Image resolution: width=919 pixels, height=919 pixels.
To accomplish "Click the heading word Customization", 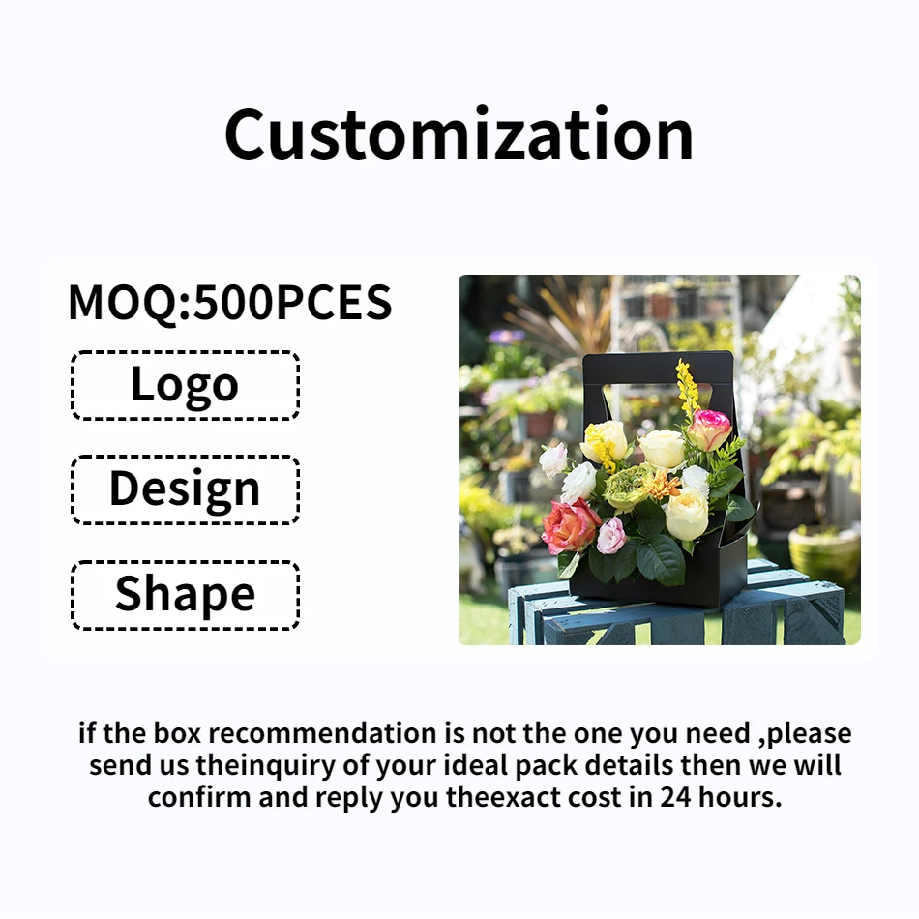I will [459, 134].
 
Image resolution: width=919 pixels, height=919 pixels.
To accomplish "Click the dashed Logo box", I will [185, 385].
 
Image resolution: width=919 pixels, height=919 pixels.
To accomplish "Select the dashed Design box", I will [185, 489].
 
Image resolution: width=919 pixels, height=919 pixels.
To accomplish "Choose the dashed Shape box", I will [185, 594].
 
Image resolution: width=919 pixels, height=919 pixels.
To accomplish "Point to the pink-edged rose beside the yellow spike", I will [711, 429].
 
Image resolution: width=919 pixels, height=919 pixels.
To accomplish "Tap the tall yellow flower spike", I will [687, 387].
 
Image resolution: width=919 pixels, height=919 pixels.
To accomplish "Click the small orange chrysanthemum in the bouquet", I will [664, 484].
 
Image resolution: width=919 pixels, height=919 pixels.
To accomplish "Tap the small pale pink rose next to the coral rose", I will [611, 534].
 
